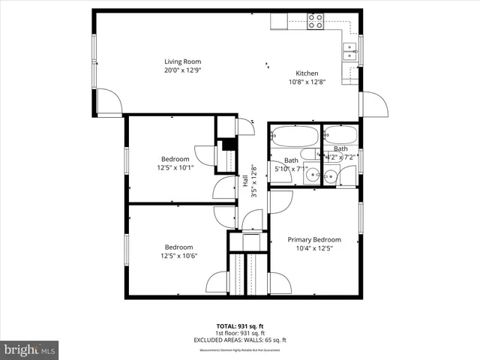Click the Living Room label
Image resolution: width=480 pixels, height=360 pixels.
[x=183, y=61]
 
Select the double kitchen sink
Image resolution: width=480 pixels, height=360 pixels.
[x=349, y=50]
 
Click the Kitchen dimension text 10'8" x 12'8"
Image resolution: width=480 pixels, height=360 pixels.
[x=308, y=82]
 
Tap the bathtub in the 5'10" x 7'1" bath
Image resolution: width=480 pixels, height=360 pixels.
[x=293, y=138]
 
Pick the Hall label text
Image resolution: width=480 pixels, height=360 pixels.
[x=245, y=181]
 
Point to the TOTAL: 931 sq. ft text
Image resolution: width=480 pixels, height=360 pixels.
[x=239, y=326]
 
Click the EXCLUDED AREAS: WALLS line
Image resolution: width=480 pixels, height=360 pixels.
[x=239, y=340]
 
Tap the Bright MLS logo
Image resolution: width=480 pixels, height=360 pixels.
[x=30, y=349]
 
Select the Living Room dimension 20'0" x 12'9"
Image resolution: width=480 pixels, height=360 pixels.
[x=183, y=70]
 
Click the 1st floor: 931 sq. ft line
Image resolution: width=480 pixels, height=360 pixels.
[x=239, y=333]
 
